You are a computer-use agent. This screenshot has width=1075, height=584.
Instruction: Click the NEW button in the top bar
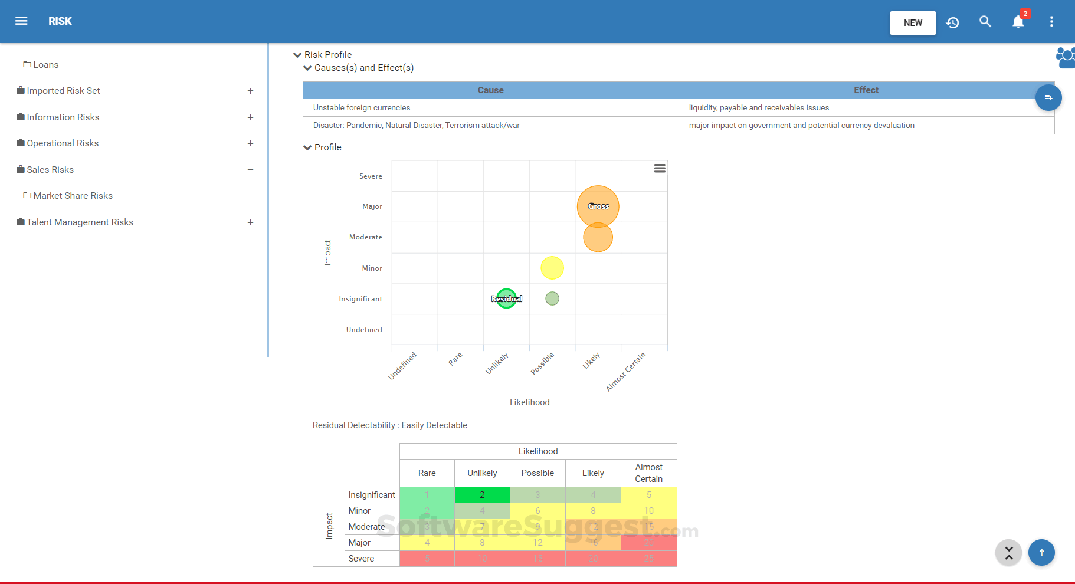point(912,23)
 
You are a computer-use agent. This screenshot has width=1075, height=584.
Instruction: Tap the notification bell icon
point(1018,22)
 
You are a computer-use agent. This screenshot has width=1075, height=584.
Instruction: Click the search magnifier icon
point(985,22)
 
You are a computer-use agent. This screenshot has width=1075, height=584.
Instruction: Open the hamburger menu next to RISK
point(21,21)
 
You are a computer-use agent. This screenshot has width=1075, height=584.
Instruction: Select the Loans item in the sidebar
point(45,65)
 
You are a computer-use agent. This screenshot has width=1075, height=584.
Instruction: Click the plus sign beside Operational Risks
point(250,143)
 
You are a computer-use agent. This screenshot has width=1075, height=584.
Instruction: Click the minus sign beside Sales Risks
point(250,170)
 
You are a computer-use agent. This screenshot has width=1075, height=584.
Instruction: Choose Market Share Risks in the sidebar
point(73,196)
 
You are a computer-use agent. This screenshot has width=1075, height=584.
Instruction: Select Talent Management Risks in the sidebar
point(80,222)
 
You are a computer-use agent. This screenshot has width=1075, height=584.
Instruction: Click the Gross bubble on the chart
point(598,206)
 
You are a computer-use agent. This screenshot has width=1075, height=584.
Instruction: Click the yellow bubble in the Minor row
point(552,268)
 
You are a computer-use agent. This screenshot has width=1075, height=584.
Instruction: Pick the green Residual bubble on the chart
point(506,298)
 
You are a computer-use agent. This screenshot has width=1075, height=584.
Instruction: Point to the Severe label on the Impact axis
point(371,176)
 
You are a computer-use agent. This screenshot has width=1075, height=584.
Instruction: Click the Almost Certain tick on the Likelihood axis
point(626,372)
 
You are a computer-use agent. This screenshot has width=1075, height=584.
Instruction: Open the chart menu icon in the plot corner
point(660,169)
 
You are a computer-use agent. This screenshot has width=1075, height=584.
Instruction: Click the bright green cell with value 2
point(482,495)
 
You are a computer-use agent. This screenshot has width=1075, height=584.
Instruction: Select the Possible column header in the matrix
point(537,473)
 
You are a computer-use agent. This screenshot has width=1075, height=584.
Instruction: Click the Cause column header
point(490,90)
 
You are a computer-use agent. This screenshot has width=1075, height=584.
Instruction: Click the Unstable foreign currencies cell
point(362,108)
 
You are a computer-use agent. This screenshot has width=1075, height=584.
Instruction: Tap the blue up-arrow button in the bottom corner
point(1041,553)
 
